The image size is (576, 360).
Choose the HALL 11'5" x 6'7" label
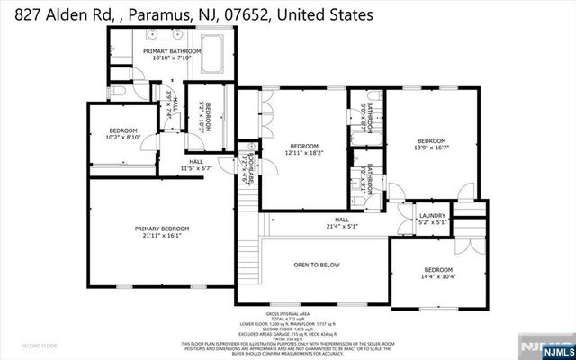(x=195, y=164)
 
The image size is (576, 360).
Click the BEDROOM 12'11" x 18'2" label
(x=303, y=150)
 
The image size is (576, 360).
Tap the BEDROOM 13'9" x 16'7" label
(x=431, y=145)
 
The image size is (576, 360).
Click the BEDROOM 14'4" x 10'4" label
(x=438, y=274)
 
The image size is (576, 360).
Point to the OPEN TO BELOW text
(x=317, y=265)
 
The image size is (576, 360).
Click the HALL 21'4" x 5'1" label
(x=341, y=222)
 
